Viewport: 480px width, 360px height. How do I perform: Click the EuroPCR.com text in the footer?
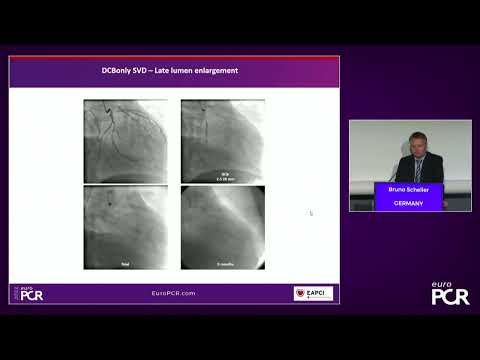click(x=174, y=293)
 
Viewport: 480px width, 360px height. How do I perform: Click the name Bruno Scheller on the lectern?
click(x=408, y=190)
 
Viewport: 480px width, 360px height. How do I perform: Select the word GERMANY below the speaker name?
click(x=408, y=203)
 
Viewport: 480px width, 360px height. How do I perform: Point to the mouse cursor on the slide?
click(x=311, y=212)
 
